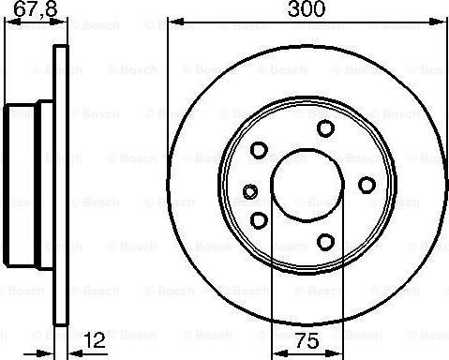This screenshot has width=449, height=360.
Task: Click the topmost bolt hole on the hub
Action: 324,128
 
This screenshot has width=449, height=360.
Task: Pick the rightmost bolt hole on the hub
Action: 367,184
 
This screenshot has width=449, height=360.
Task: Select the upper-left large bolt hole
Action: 259,150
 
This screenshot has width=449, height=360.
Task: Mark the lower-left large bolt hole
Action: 259,219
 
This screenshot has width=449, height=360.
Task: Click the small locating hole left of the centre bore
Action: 249,192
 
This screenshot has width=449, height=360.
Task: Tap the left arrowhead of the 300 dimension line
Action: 174,22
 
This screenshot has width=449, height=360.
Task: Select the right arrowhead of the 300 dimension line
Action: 444,22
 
